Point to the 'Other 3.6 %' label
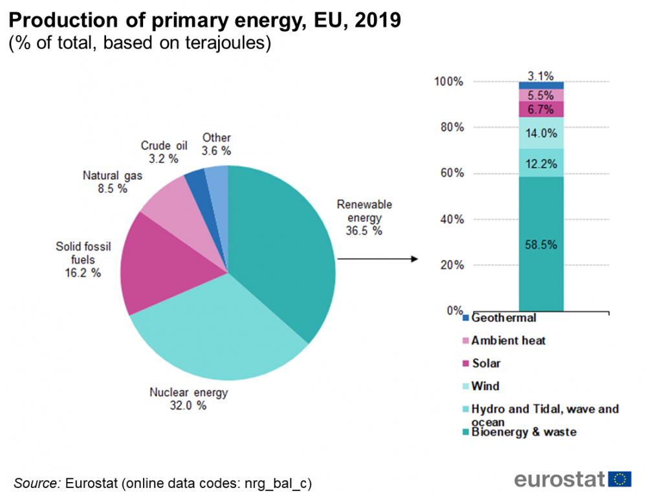click(x=216, y=144)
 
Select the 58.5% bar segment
click(x=541, y=245)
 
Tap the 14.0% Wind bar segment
click(x=541, y=134)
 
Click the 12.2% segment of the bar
click(x=541, y=163)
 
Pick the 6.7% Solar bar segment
click(x=541, y=109)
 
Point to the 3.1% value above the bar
click(x=540, y=76)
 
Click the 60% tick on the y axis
click(x=453, y=173)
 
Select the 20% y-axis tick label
click(x=453, y=265)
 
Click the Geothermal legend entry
click(x=503, y=318)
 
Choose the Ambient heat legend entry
click(x=508, y=340)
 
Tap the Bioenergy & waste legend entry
click(x=523, y=432)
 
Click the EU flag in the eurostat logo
click(x=620, y=479)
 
